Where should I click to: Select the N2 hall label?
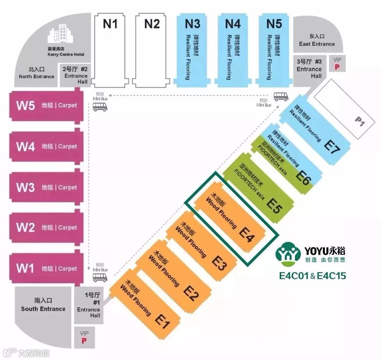(x=152, y=24)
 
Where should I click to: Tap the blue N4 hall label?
(x=233, y=24)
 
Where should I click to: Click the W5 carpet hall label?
(x=25, y=105)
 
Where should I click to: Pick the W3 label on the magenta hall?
(x=25, y=187)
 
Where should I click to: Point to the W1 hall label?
(x=25, y=268)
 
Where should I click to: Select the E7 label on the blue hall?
(x=332, y=147)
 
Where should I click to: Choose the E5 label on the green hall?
(x=275, y=206)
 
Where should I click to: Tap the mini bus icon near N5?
(x=281, y=96)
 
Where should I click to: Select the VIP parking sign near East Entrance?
(x=337, y=63)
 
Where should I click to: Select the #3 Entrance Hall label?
(x=309, y=69)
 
